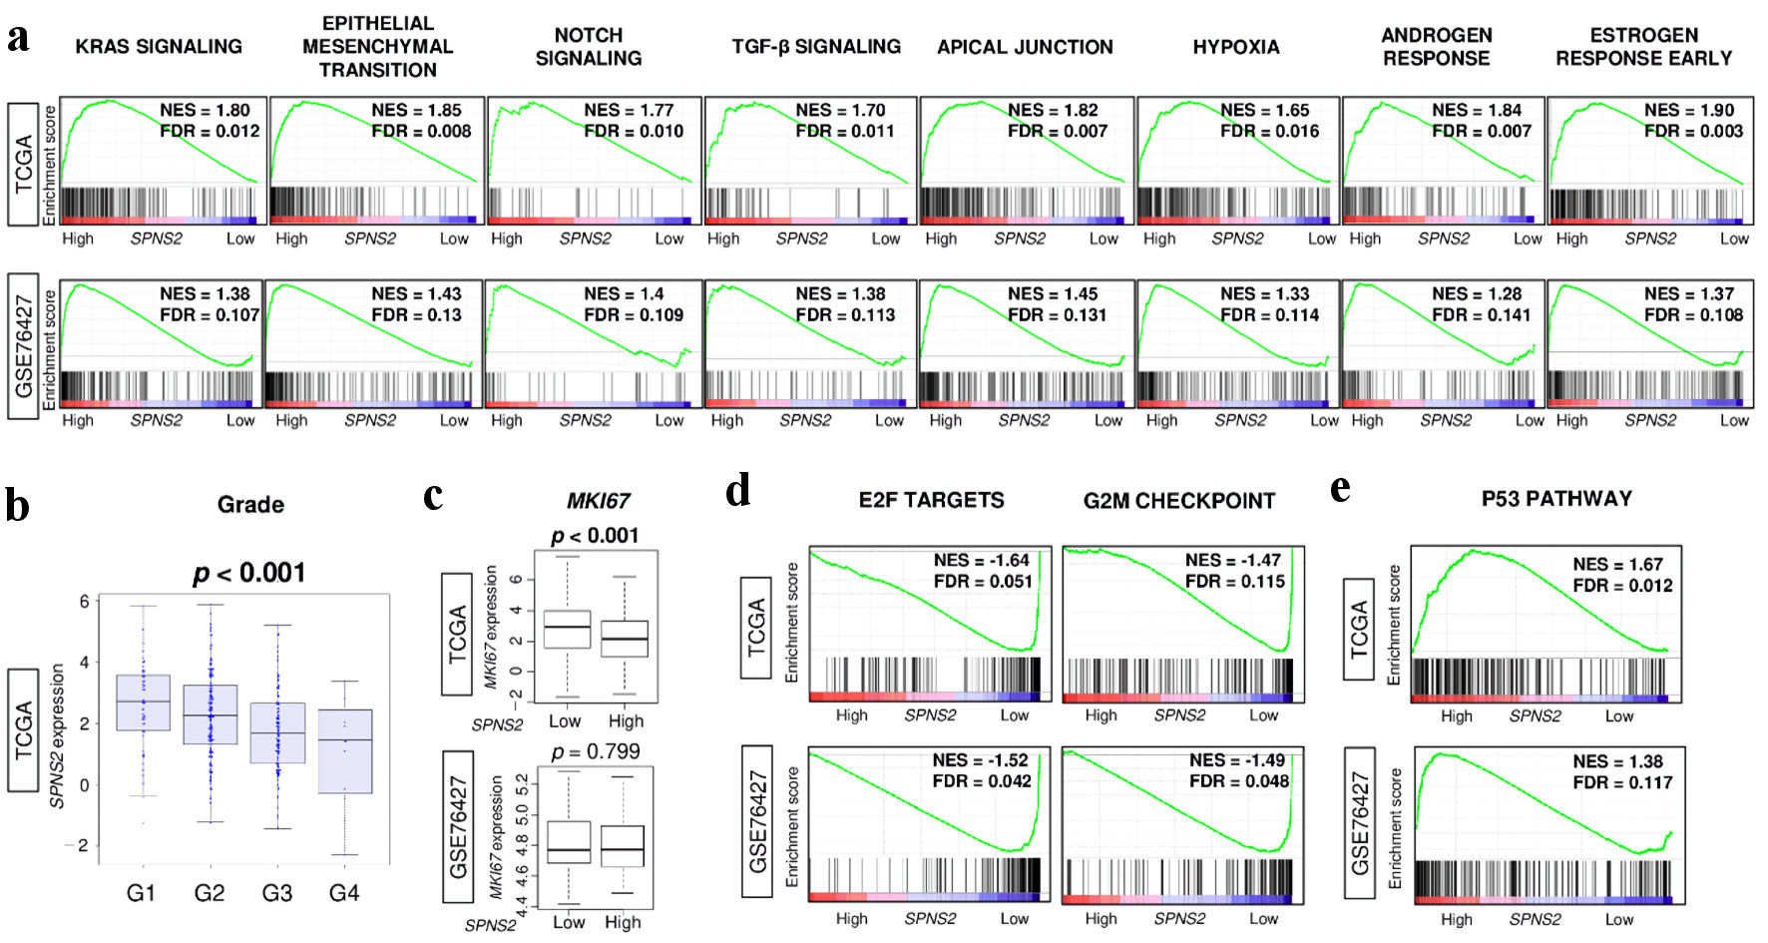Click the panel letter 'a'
(x=17, y=40)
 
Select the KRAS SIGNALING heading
(x=159, y=46)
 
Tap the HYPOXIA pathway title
(x=1235, y=47)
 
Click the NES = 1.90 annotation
(x=1689, y=110)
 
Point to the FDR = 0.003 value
(x=1693, y=131)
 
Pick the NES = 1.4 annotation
(x=624, y=293)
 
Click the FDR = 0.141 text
(x=1482, y=314)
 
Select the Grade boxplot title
(x=250, y=505)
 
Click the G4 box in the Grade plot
(x=344, y=750)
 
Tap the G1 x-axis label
(x=142, y=892)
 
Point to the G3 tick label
(x=277, y=892)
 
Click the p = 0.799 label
(x=596, y=751)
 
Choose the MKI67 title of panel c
(x=598, y=501)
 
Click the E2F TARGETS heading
(x=931, y=500)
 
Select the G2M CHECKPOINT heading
(x=1179, y=501)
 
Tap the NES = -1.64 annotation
(x=981, y=560)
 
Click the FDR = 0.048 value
(x=1238, y=780)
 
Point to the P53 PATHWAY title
(x=1556, y=498)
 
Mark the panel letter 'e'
(x=1341, y=489)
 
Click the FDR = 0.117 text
(x=1622, y=782)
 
